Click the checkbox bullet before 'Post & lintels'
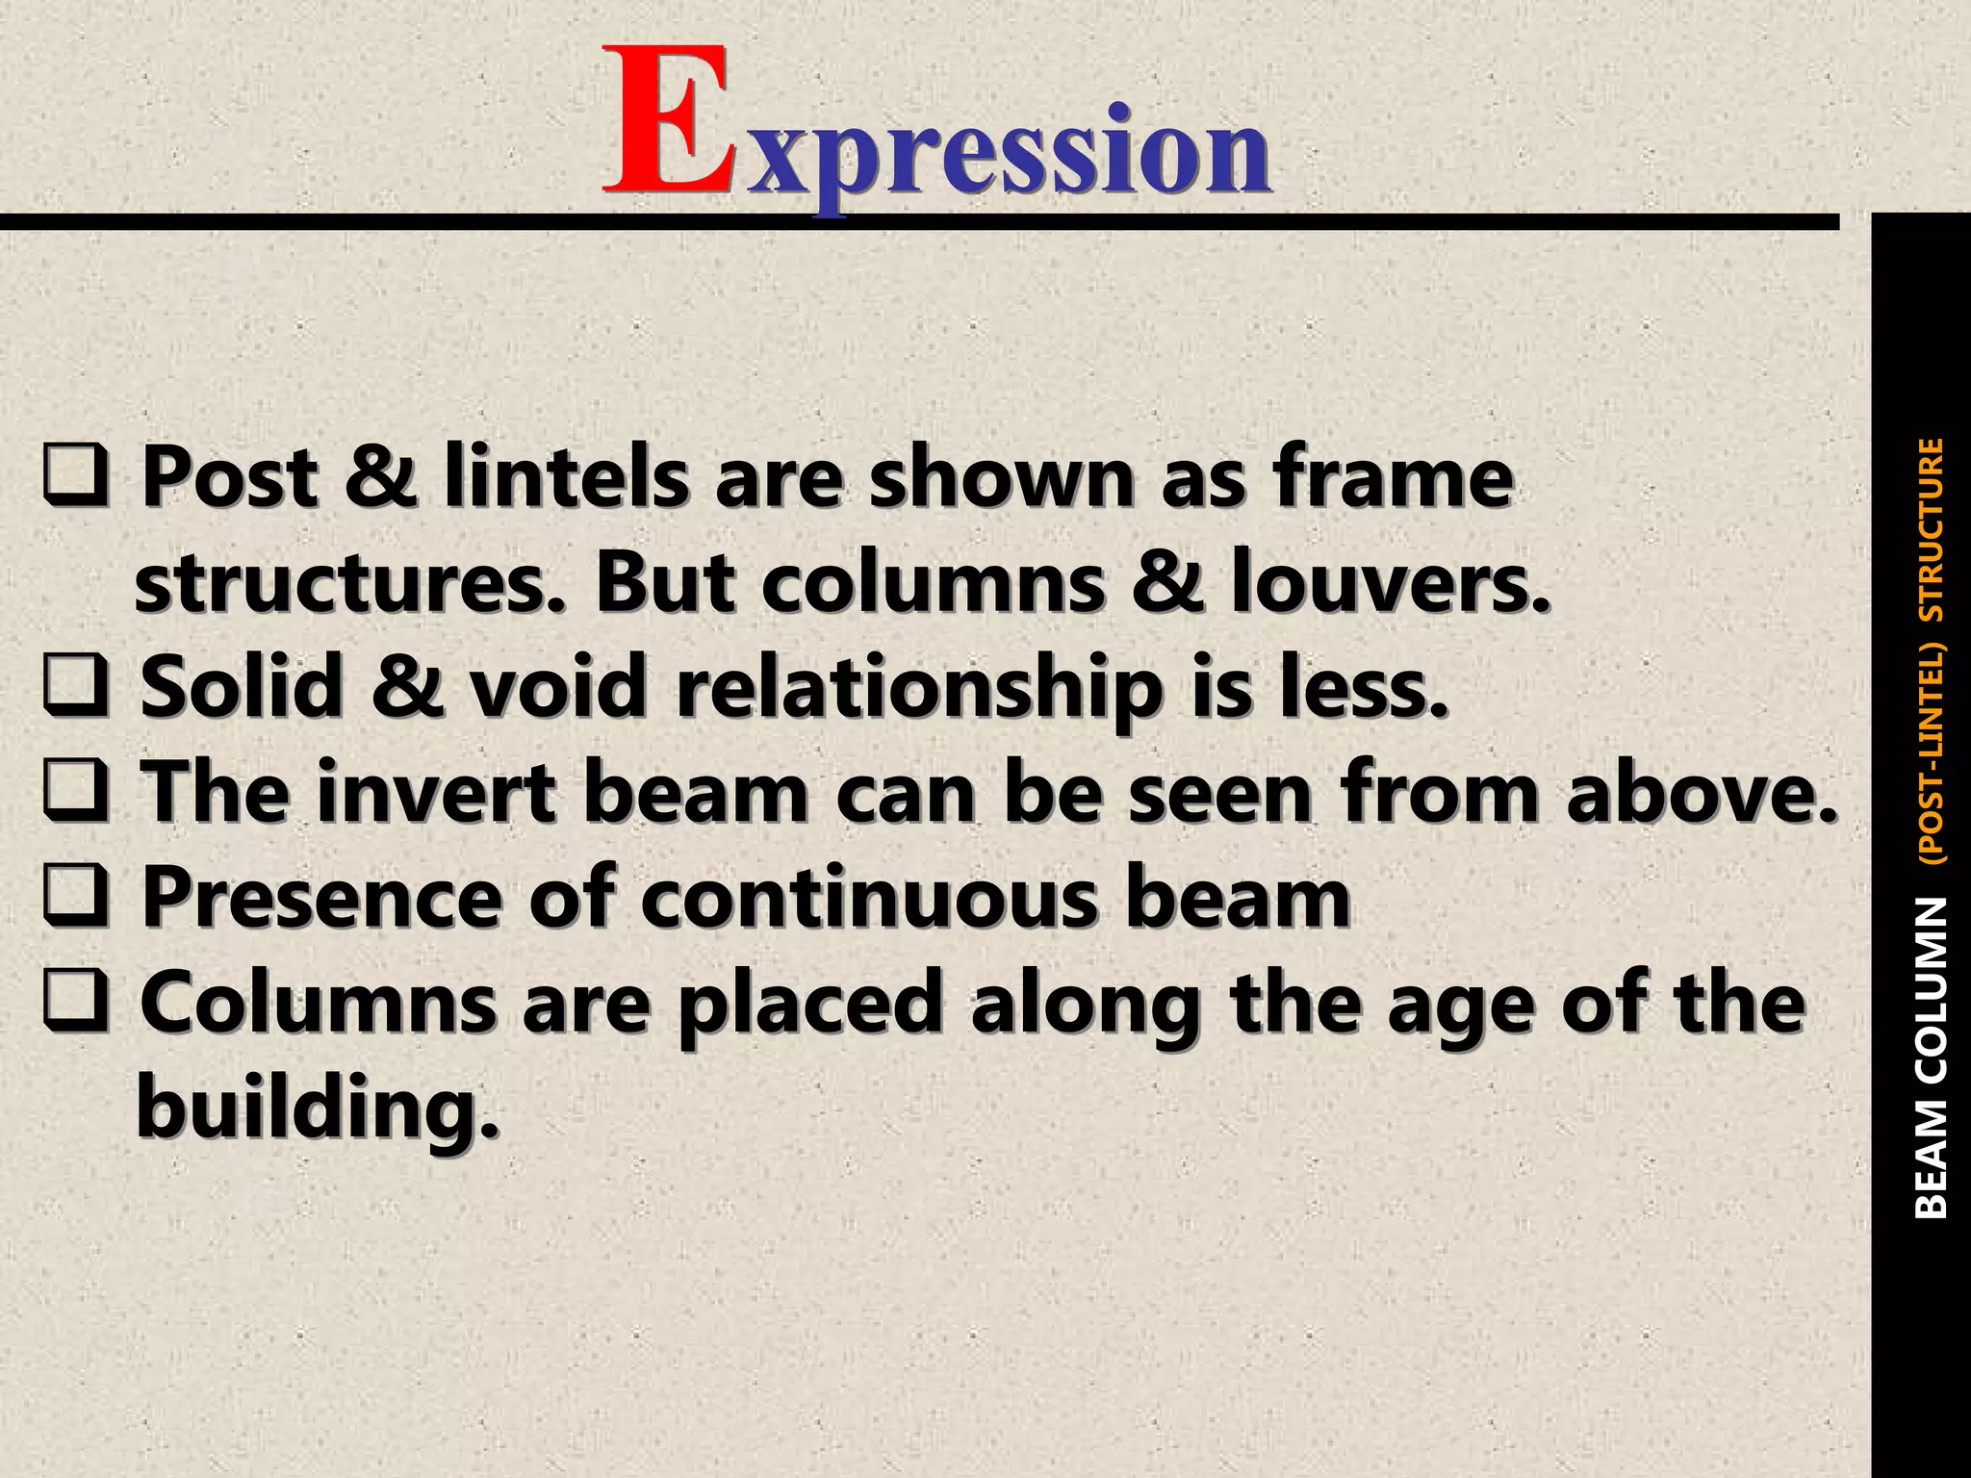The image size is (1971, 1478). click(75, 478)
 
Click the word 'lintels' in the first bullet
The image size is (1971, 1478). click(566, 478)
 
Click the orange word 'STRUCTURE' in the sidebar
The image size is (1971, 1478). click(1931, 529)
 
